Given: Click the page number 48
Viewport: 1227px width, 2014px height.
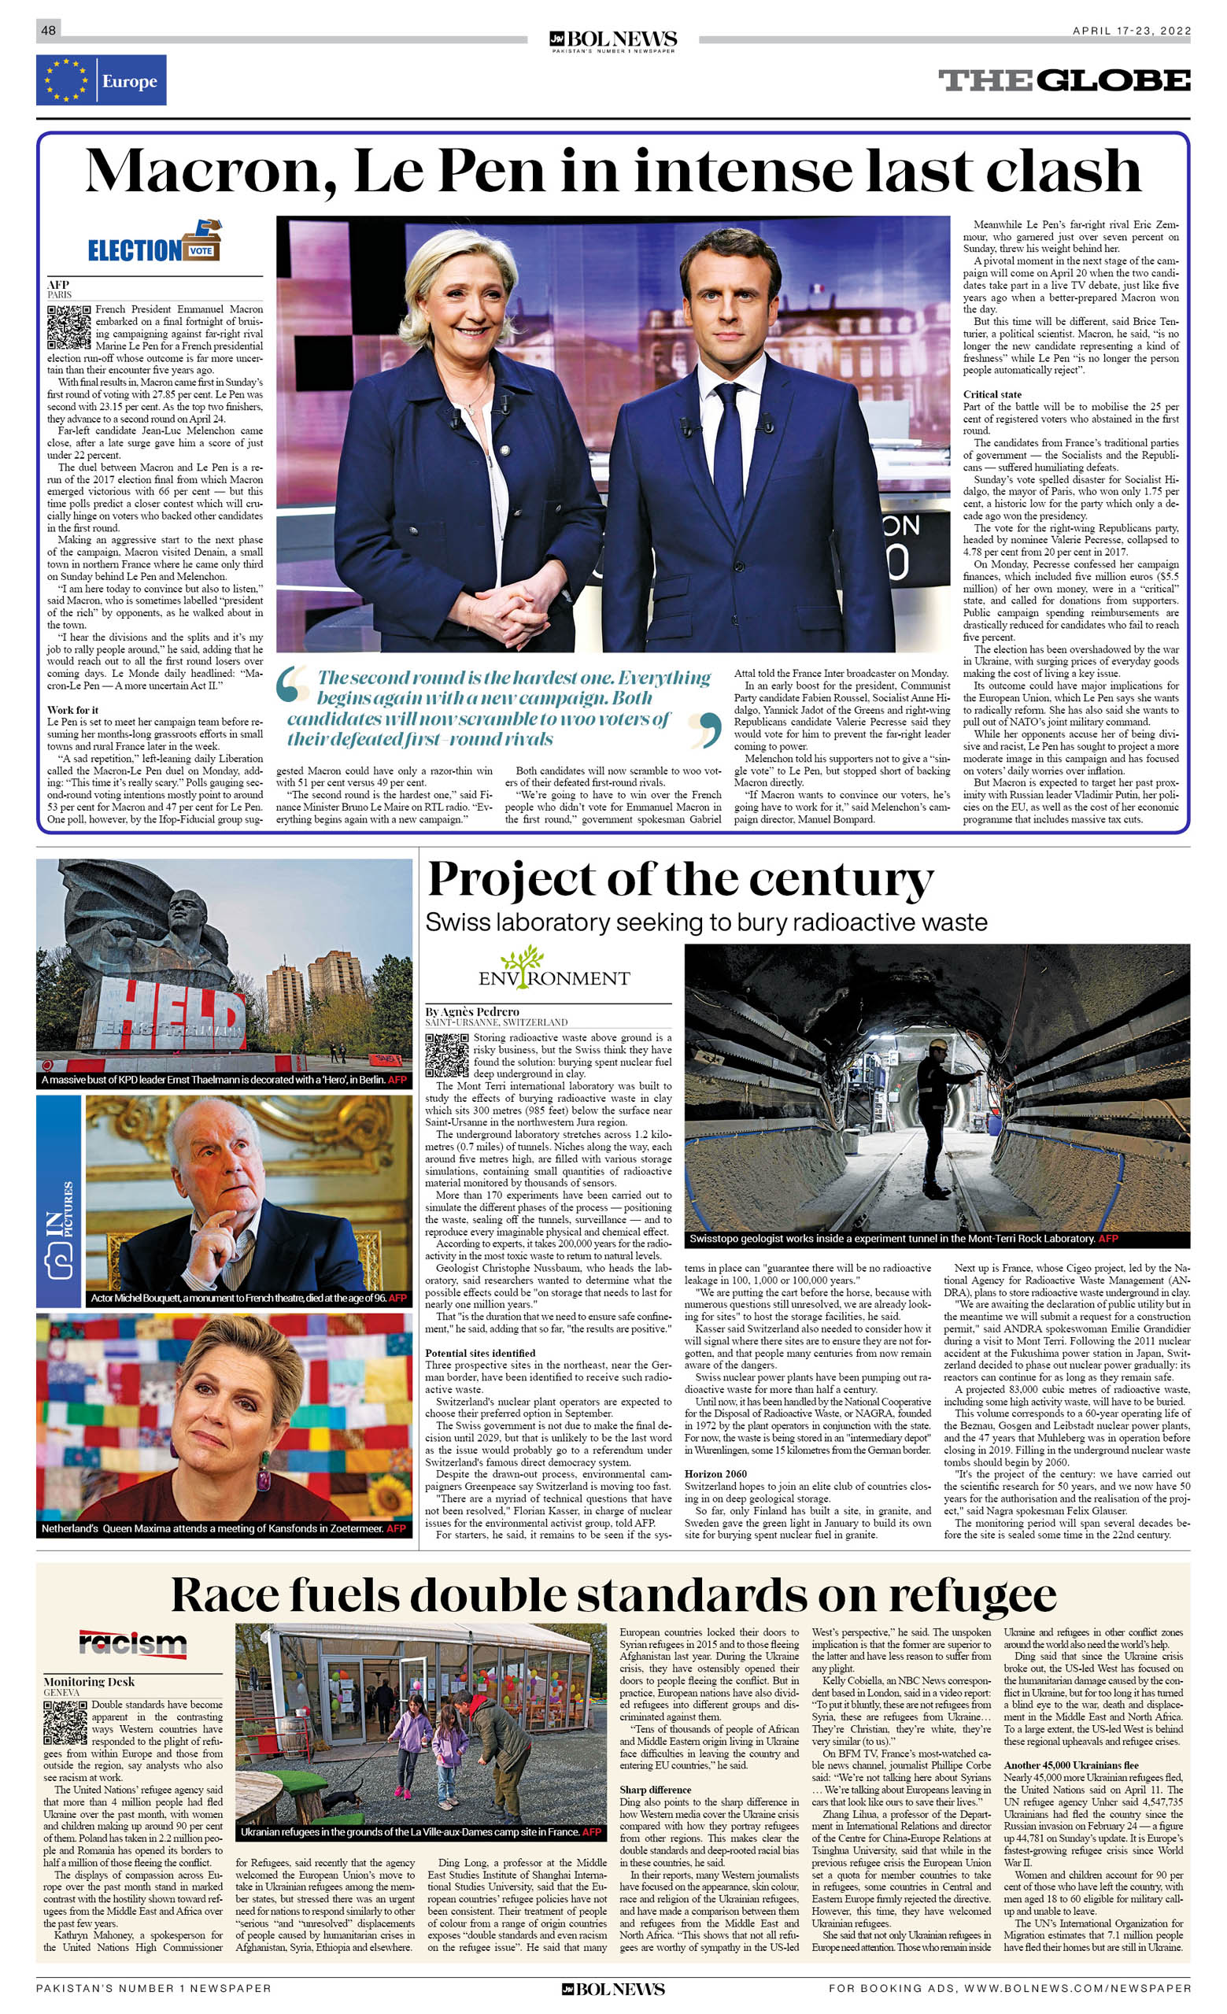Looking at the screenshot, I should point(48,30).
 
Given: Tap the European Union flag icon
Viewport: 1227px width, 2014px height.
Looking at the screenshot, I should point(65,80).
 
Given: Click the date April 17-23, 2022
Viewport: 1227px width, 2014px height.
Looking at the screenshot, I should point(1131,31).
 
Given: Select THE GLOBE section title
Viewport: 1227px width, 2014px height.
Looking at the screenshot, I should point(1063,80).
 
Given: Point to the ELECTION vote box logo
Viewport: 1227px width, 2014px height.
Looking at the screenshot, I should point(154,242).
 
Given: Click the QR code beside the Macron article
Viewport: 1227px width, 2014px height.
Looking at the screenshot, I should point(68,326).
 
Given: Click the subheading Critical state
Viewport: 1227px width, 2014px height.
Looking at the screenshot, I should point(992,394).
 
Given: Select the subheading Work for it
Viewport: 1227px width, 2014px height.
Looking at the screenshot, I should point(72,709).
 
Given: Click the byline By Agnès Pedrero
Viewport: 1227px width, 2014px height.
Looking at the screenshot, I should point(471,1011).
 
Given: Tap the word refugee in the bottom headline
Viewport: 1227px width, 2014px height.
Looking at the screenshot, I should point(972,1595).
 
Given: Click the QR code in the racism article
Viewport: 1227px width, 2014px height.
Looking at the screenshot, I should point(65,1723).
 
